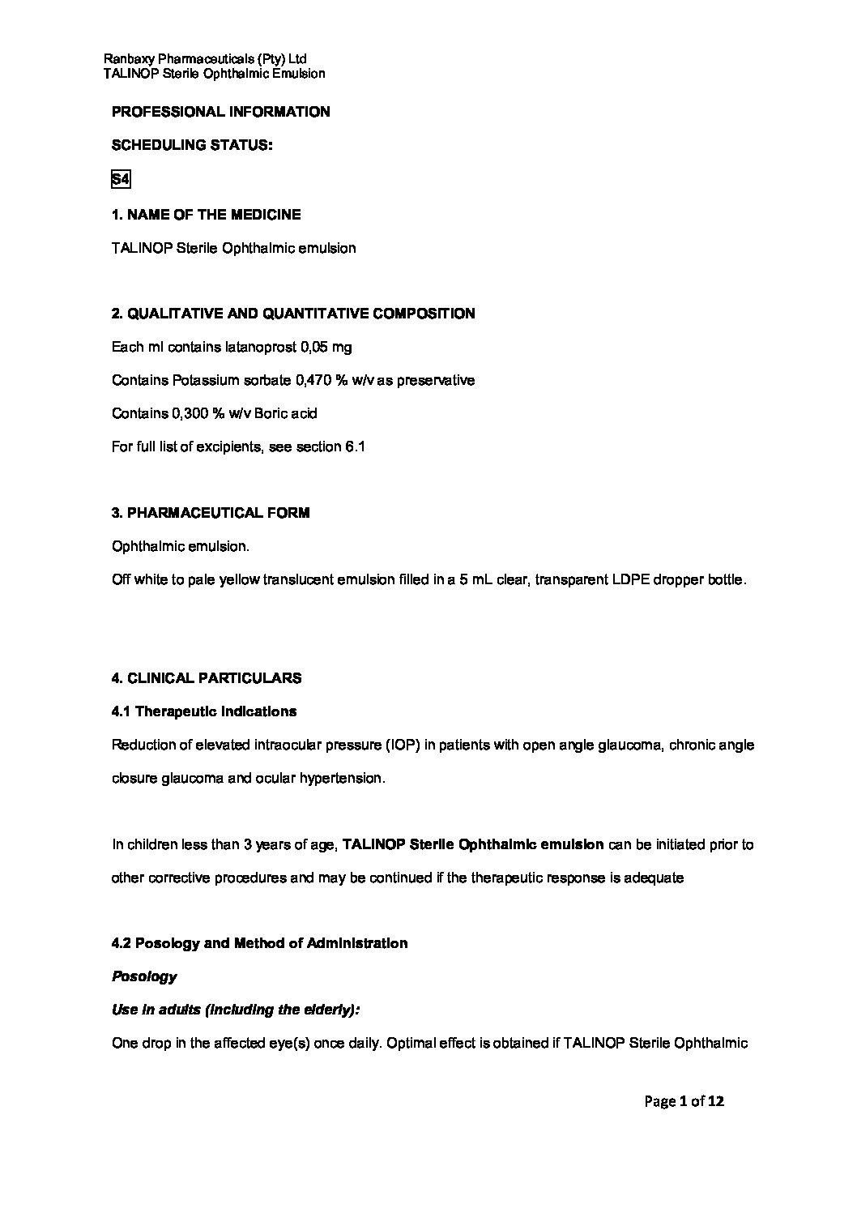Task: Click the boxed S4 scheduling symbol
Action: pyautogui.click(x=120, y=180)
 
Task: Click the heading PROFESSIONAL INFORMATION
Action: pyautogui.click(x=220, y=112)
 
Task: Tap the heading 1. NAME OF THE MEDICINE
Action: pyautogui.click(x=206, y=215)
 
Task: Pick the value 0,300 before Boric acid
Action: pyautogui.click(x=190, y=413)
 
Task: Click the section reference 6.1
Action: pyautogui.click(x=356, y=446)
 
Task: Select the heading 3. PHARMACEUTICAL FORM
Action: pyautogui.click(x=211, y=513)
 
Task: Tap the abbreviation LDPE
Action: pyautogui.click(x=616, y=580)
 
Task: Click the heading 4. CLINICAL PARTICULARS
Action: pyautogui.click(x=207, y=678)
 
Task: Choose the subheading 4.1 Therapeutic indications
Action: pyautogui.click(x=204, y=711)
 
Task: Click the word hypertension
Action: pyautogui.click(x=341, y=778)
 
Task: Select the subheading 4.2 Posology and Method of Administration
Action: pyautogui.click(x=259, y=943)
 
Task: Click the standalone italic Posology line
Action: pyautogui.click(x=144, y=976)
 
